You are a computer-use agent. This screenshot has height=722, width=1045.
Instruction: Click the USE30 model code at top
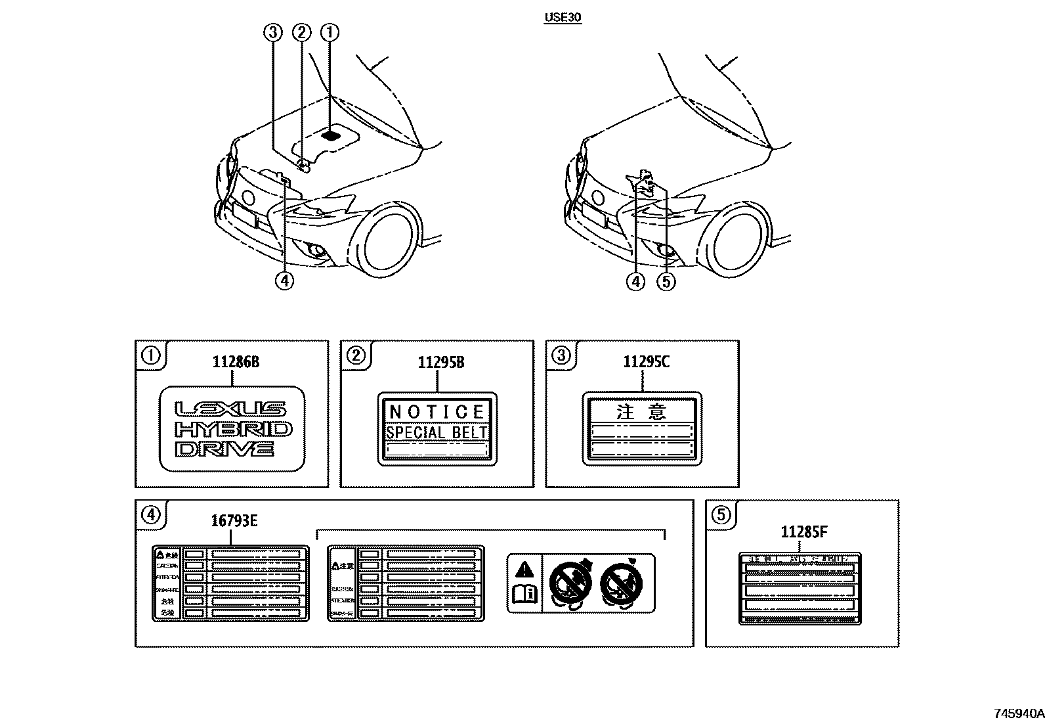pyautogui.click(x=563, y=18)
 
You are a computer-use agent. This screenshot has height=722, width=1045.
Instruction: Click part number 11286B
pyautogui.click(x=235, y=362)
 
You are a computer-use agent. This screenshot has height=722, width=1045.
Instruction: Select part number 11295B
pyautogui.click(x=440, y=362)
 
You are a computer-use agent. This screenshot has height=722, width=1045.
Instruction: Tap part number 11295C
pyautogui.click(x=646, y=362)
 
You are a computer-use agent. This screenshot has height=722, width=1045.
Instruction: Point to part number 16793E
pyautogui.click(x=234, y=522)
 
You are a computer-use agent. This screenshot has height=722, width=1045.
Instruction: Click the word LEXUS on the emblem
pyautogui.click(x=231, y=409)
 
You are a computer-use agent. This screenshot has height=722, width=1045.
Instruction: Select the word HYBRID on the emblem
pyautogui.click(x=234, y=430)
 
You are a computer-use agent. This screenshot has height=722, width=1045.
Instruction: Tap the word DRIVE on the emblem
pyautogui.click(x=224, y=449)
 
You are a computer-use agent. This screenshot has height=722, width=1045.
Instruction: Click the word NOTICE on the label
pyautogui.click(x=437, y=412)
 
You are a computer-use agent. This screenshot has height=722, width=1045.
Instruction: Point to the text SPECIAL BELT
pyautogui.click(x=437, y=432)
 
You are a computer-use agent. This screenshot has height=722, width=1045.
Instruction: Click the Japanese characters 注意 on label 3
pyautogui.click(x=642, y=412)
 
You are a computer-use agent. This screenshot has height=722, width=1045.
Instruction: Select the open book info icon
pyautogui.click(x=524, y=595)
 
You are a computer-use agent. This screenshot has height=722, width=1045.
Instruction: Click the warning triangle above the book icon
pyautogui.click(x=524, y=569)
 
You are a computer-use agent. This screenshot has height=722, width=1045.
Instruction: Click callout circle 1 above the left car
pyautogui.click(x=330, y=32)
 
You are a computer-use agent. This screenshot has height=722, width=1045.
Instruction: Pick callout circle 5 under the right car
pyautogui.click(x=666, y=282)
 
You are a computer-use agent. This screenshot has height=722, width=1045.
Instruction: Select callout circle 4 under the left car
pyautogui.click(x=284, y=281)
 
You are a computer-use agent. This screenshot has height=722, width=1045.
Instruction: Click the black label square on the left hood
pyautogui.click(x=332, y=135)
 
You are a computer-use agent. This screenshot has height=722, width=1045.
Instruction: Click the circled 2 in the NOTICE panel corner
pyautogui.click(x=355, y=356)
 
